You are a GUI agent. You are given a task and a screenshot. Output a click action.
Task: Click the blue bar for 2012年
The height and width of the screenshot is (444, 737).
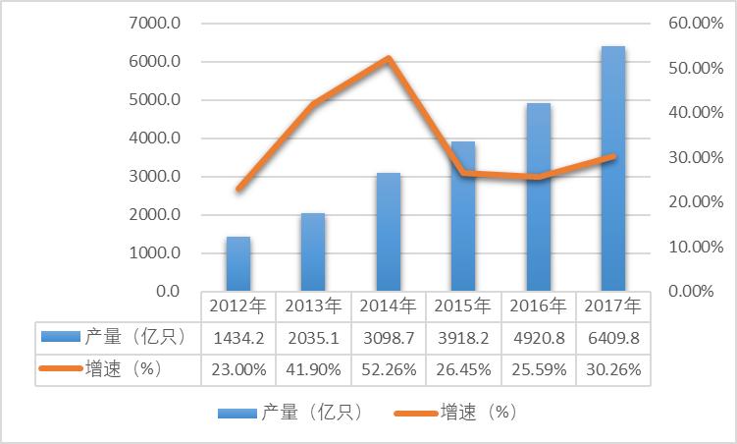pyautogui.click(x=238, y=264)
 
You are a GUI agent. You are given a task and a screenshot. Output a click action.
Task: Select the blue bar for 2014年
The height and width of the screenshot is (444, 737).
pyautogui.click(x=389, y=232)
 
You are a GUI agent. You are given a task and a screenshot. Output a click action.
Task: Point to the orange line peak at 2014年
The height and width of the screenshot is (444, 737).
pyautogui.click(x=389, y=59)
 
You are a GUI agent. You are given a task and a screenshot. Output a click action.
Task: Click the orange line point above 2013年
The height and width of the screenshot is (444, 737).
pyautogui.click(x=313, y=104)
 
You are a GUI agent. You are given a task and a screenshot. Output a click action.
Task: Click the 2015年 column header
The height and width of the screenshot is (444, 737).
pyautogui.click(x=463, y=305)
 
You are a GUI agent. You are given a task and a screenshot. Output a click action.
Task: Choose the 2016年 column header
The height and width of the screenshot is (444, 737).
pyautogui.click(x=538, y=305)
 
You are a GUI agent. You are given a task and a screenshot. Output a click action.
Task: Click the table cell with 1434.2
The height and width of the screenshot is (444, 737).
pyautogui.click(x=238, y=337)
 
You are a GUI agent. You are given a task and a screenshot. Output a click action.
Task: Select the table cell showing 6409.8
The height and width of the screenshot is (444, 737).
pyautogui.click(x=613, y=337)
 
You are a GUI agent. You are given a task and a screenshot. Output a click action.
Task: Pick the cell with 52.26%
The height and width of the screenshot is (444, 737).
pyautogui.click(x=389, y=369)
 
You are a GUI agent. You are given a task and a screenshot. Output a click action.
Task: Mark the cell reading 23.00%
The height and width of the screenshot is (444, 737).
pyautogui.click(x=238, y=369)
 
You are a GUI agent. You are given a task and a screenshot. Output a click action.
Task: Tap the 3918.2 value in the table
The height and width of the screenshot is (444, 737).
pyautogui.click(x=463, y=337)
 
